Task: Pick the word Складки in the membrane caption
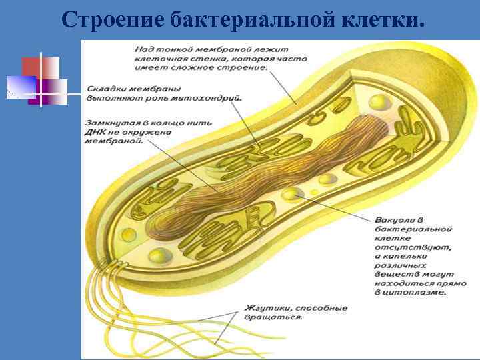click(105, 89)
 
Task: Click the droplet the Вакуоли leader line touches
click(291, 194)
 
